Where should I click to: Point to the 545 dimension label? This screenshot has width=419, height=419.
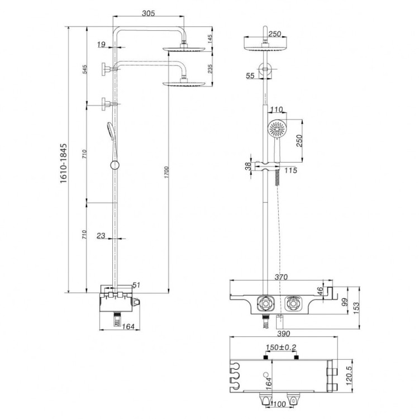pos(85,70)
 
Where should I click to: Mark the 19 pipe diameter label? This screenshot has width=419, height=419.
pos(101,44)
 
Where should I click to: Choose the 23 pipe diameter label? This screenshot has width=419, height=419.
pos(101,236)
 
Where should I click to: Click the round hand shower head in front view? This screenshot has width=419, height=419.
pos(277,130)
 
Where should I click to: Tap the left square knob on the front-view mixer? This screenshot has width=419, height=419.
pos(265,304)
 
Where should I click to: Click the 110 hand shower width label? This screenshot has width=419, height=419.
pos(277,109)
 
